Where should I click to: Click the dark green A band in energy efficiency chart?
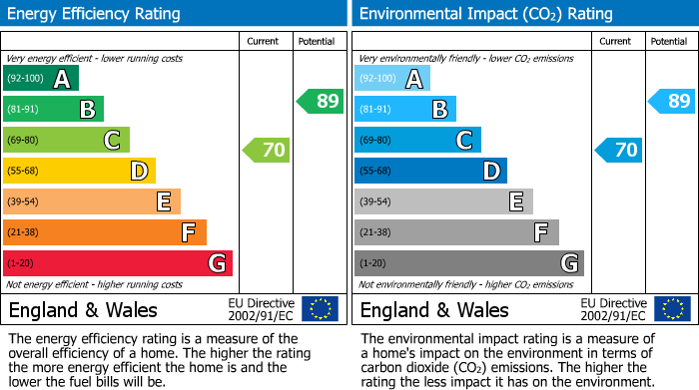(41, 79)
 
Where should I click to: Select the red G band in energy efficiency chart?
(118, 263)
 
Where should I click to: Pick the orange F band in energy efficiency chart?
(105, 233)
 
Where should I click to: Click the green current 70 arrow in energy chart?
(267, 151)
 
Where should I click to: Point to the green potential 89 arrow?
(321, 101)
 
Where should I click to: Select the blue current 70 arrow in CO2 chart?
(619, 151)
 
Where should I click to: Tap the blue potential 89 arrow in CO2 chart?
(672, 101)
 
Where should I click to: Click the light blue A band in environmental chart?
(392, 79)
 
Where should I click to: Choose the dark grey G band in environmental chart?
(469, 263)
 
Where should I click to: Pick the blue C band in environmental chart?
(417, 141)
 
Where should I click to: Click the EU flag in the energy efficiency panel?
(320, 308)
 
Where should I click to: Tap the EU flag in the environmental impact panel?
(672, 308)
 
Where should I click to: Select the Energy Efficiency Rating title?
(95, 14)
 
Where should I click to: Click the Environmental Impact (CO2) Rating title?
(485, 14)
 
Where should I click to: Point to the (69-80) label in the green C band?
(24, 141)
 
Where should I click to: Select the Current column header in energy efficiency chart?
(265, 41)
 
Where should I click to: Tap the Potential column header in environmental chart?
(669, 41)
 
